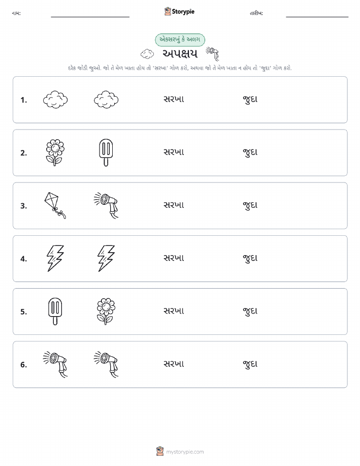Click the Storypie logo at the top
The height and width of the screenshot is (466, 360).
(179, 12)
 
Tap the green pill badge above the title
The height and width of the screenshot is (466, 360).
(180, 40)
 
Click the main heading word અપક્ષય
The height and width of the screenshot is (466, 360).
(180, 54)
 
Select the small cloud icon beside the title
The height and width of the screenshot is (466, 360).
(147, 54)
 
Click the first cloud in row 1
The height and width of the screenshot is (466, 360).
(55, 100)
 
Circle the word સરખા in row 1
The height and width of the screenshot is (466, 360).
(174, 99)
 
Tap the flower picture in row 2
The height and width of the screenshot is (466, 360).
(55, 152)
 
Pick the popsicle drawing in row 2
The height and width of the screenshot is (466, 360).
(106, 152)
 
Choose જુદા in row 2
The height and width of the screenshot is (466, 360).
(250, 152)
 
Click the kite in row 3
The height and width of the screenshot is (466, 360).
(55, 205)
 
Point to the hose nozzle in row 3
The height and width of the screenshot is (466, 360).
(106, 205)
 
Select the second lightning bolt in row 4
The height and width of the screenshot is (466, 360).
(106, 258)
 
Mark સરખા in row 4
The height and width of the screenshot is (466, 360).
(174, 258)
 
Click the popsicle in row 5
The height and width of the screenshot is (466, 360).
(55, 311)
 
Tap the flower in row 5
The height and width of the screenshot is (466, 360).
(106, 311)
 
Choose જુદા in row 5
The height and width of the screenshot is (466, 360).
(250, 311)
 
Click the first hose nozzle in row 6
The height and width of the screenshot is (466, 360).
(55, 364)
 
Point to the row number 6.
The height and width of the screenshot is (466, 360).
(24, 365)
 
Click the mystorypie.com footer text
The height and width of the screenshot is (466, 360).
(185, 452)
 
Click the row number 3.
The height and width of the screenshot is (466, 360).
(24, 206)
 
